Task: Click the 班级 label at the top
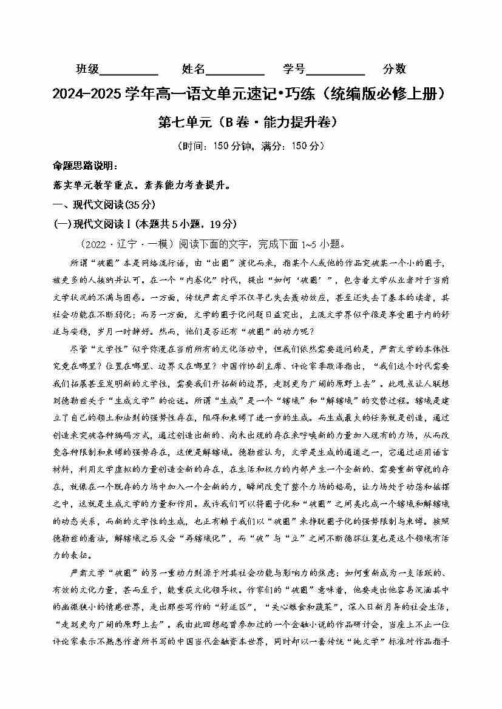point(87,69)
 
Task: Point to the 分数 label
point(395,69)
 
